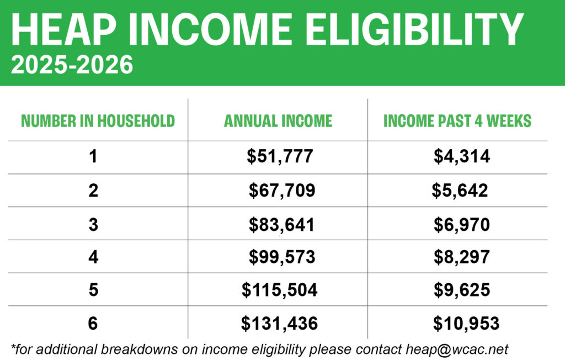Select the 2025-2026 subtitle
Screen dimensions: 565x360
tap(72, 65)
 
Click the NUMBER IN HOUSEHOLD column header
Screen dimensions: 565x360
tap(98, 121)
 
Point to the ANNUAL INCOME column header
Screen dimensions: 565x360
tap(278, 121)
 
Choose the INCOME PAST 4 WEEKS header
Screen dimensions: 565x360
tap(457, 121)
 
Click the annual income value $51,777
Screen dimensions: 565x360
tap(280, 156)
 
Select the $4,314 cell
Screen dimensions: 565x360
tap(462, 156)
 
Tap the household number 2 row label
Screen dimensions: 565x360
tap(93, 190)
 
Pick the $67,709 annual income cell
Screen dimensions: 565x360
tap(282, 190)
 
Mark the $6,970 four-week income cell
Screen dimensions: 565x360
tap(462, 224)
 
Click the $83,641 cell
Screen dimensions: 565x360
tap(281, 224)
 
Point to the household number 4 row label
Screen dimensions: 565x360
tap(93, 257)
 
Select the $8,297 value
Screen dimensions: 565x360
tap(462, 257)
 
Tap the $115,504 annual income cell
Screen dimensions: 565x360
tap(279, 290)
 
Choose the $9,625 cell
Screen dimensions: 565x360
tap(462, 290)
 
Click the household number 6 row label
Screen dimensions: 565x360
tap(93, 323)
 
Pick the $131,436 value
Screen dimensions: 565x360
tap(279, 323)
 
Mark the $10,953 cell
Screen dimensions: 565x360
tap(466, 323)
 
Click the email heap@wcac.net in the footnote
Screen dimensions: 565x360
tap(457, 349)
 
